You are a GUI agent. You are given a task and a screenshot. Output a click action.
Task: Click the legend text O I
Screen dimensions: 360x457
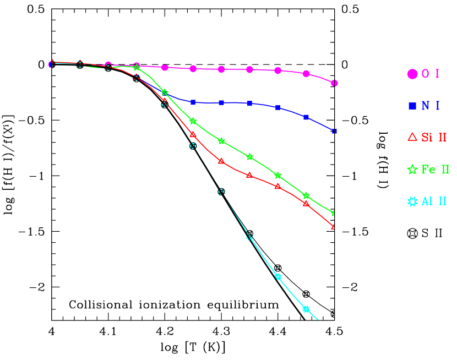[x=431, y=74]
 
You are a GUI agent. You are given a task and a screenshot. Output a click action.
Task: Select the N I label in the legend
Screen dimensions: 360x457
[x=431, y=106]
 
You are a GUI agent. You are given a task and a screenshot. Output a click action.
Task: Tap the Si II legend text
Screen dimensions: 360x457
[x=434, y=138]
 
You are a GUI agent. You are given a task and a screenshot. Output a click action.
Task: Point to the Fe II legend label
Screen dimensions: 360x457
[x=436, y=170]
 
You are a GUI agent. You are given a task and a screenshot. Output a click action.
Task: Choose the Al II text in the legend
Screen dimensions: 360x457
[x=434, y=201]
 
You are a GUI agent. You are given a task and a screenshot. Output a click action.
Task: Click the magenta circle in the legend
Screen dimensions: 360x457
[x=412, y=74]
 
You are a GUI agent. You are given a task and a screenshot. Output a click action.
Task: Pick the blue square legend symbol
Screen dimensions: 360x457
[x=412, y=106]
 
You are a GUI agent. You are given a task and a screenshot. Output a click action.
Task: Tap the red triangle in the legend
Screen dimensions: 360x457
[x=412, y=137]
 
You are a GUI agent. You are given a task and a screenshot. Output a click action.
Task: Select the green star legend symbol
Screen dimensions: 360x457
[x=412, y=170]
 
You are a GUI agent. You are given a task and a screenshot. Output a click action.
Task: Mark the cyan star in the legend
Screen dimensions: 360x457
[x=412, y=201]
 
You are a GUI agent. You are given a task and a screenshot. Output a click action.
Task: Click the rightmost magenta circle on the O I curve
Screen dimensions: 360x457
[x=334, y=83]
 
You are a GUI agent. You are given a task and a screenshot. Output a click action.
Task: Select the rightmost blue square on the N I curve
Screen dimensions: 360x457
[x=334, y=131]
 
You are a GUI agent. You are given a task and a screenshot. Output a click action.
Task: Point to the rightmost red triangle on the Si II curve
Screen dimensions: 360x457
[x=334, y=226]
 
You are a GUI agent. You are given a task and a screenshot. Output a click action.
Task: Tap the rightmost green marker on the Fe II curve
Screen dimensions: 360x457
[x=334, y=213]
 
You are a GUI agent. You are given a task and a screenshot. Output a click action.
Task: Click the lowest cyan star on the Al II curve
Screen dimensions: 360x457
[x=306, y=309]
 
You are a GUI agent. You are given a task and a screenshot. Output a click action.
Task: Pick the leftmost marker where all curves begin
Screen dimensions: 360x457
[x=51, y=64]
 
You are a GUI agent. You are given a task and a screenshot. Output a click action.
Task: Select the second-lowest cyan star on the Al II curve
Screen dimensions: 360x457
[x=278, y=276]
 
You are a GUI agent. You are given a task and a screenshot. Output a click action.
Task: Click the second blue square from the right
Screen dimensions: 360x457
[x=306, y=117]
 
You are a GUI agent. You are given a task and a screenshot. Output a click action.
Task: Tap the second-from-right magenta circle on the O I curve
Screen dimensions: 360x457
[x=306, y=74]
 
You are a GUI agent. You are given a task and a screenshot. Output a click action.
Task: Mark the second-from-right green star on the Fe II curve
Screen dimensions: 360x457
[x=306, y=195]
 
